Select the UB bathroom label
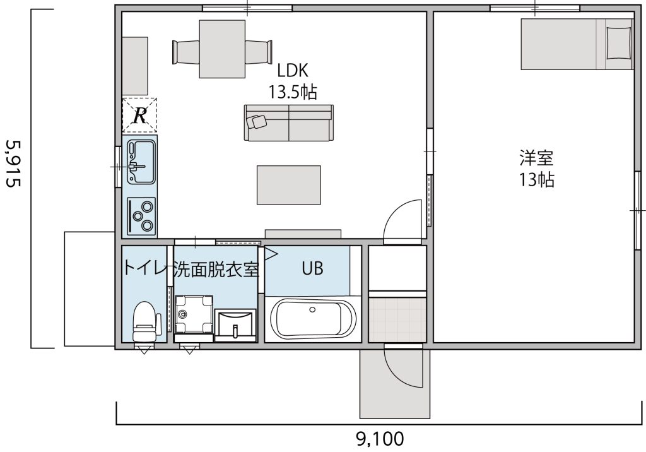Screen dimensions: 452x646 (312, 268)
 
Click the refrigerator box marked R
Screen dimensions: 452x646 (139, 115)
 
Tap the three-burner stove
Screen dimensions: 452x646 (141, 215)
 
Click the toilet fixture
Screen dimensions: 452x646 (145, 321)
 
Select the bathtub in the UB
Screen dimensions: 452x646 (314, 321)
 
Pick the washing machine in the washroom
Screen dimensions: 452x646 (192, 313)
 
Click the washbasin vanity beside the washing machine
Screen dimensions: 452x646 (235, 325)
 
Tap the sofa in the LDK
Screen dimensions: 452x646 (288, 122)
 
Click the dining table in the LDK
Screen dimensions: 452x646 (222, 49)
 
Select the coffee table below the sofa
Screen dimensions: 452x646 (288, 185)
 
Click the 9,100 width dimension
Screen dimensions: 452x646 (380, 437)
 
